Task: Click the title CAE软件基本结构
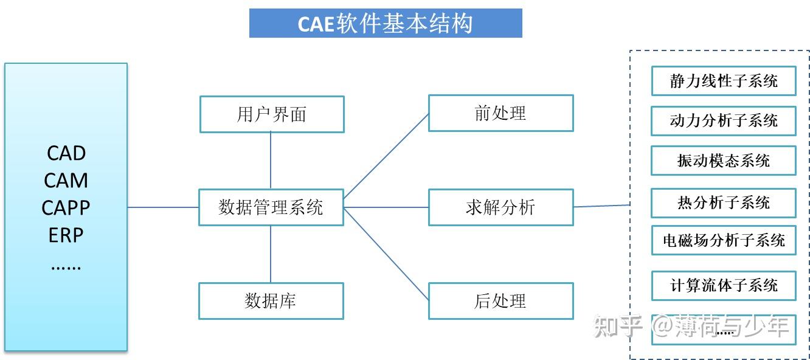386,23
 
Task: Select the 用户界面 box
272,114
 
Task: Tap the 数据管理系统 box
271,207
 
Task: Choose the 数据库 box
271,300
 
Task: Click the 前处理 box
500,113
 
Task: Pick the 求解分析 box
500,207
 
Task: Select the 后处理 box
500,300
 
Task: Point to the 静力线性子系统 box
724,81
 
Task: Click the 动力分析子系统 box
724,120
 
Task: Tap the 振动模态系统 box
724,161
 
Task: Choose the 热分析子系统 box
724,202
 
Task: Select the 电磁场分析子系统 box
724,240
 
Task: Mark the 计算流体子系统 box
724,285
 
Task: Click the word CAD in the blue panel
66,153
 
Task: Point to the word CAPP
66,208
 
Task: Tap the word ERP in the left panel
66,235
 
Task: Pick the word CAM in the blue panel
66,181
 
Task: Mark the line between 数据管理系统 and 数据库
271,254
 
